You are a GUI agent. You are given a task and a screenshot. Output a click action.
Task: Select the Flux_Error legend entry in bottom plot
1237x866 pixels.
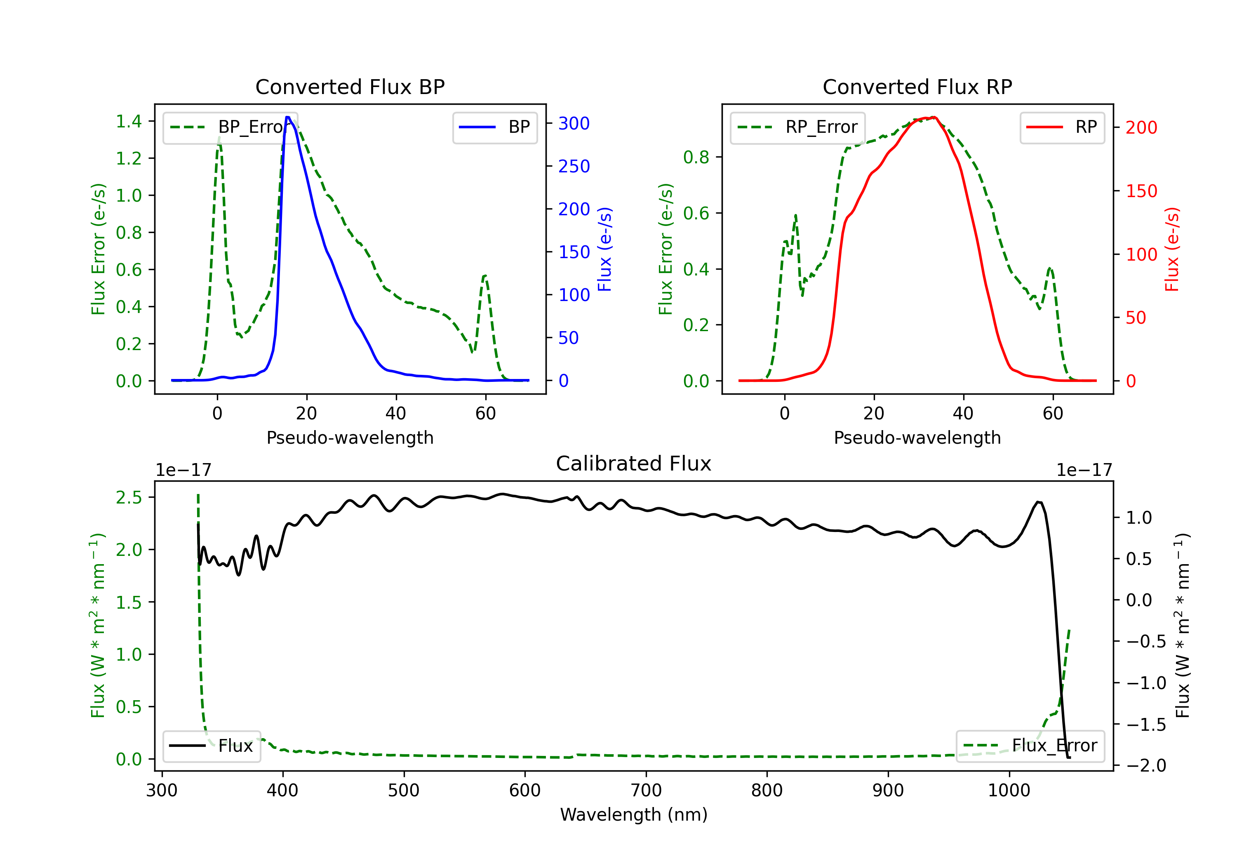pyautogui.click(x=1030, y=746)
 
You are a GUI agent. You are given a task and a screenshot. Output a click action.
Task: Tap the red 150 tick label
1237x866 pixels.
pyautogui.click(x=1141, y=191)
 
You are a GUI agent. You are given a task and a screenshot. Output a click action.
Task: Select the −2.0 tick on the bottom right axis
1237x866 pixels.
pyautogui.click(x=1145, y=766)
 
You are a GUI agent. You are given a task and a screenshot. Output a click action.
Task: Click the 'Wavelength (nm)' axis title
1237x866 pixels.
pyautogui.click(x=634, y=815)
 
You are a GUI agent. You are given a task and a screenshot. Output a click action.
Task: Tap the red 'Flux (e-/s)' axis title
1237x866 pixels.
pyautogui.click(x=1172, y=249)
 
